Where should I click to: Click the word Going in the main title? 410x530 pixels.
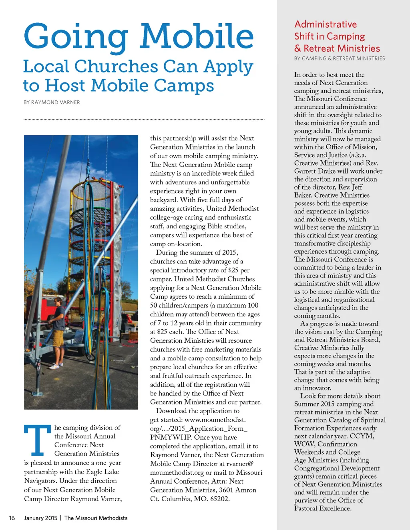coord(76,37)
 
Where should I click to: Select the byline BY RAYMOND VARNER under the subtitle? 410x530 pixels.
coord(52,102)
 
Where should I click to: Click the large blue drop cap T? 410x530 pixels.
coord(38,440)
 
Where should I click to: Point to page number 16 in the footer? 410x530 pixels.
coord(12,518)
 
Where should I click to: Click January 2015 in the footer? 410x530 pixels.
coord(41,518)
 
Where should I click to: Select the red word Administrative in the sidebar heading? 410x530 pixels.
coord(326,24)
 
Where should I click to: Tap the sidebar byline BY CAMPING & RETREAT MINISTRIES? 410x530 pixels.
coord(340,58)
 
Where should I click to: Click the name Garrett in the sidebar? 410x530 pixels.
coord(306,171)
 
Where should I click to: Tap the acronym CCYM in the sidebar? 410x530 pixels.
coord(362,436)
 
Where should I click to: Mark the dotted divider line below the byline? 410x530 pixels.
coord(144,119)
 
